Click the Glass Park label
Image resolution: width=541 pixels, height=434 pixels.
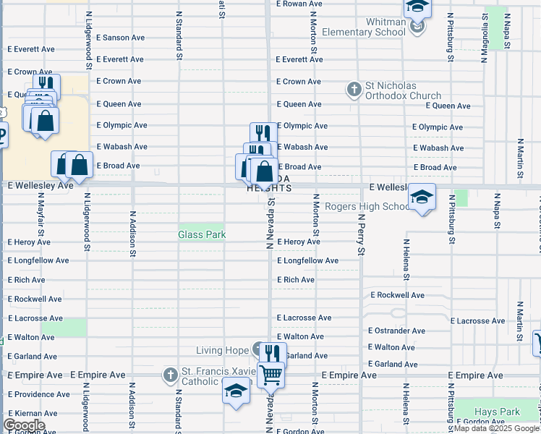[202, 234]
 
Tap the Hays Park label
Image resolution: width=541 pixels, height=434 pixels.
[497, 412]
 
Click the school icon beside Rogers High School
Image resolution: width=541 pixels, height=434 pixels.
[422, 197]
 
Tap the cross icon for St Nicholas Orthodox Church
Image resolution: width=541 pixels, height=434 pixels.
[354, 90]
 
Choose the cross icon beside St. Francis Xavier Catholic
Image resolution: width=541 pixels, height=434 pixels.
[169, 375]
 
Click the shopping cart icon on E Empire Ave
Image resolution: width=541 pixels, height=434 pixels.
[270, 375]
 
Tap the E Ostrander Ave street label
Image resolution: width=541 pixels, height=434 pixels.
[396, 331]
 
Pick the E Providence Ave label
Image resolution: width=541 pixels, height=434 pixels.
[39, 394]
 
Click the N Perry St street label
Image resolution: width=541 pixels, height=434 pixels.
[360, 235]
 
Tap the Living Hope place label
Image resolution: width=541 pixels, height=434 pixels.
[226, 351]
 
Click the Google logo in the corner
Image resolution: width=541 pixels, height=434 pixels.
[23, 425]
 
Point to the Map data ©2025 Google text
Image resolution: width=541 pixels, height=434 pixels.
[496, 428]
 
